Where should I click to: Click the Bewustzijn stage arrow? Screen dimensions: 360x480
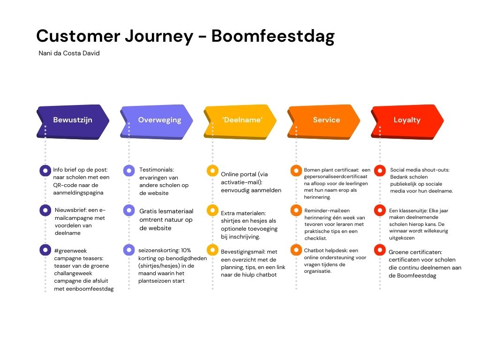coord(73,120)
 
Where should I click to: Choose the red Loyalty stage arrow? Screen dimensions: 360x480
coord(407,120)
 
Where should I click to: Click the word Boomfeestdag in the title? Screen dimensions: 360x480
coord(273,36)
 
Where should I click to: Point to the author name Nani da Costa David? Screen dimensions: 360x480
coord(69,53)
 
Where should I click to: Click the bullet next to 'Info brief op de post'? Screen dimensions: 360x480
coord(45,171)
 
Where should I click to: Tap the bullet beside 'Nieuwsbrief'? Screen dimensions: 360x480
coord(45,210)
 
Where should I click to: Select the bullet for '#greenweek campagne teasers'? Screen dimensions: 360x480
coord(45,250)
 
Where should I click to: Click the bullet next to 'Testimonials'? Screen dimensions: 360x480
coord(129,171)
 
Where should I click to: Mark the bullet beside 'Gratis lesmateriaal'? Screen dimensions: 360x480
coord(129,210)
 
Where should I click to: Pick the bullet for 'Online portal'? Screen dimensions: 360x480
coord(212,171)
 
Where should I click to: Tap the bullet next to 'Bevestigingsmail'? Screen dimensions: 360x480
coord(212,250)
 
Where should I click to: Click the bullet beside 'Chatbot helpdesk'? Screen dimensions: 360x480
coord(296,250)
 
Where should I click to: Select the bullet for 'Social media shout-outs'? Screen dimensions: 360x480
coord(380,171)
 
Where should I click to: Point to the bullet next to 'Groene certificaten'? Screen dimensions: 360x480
coord(380,250)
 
